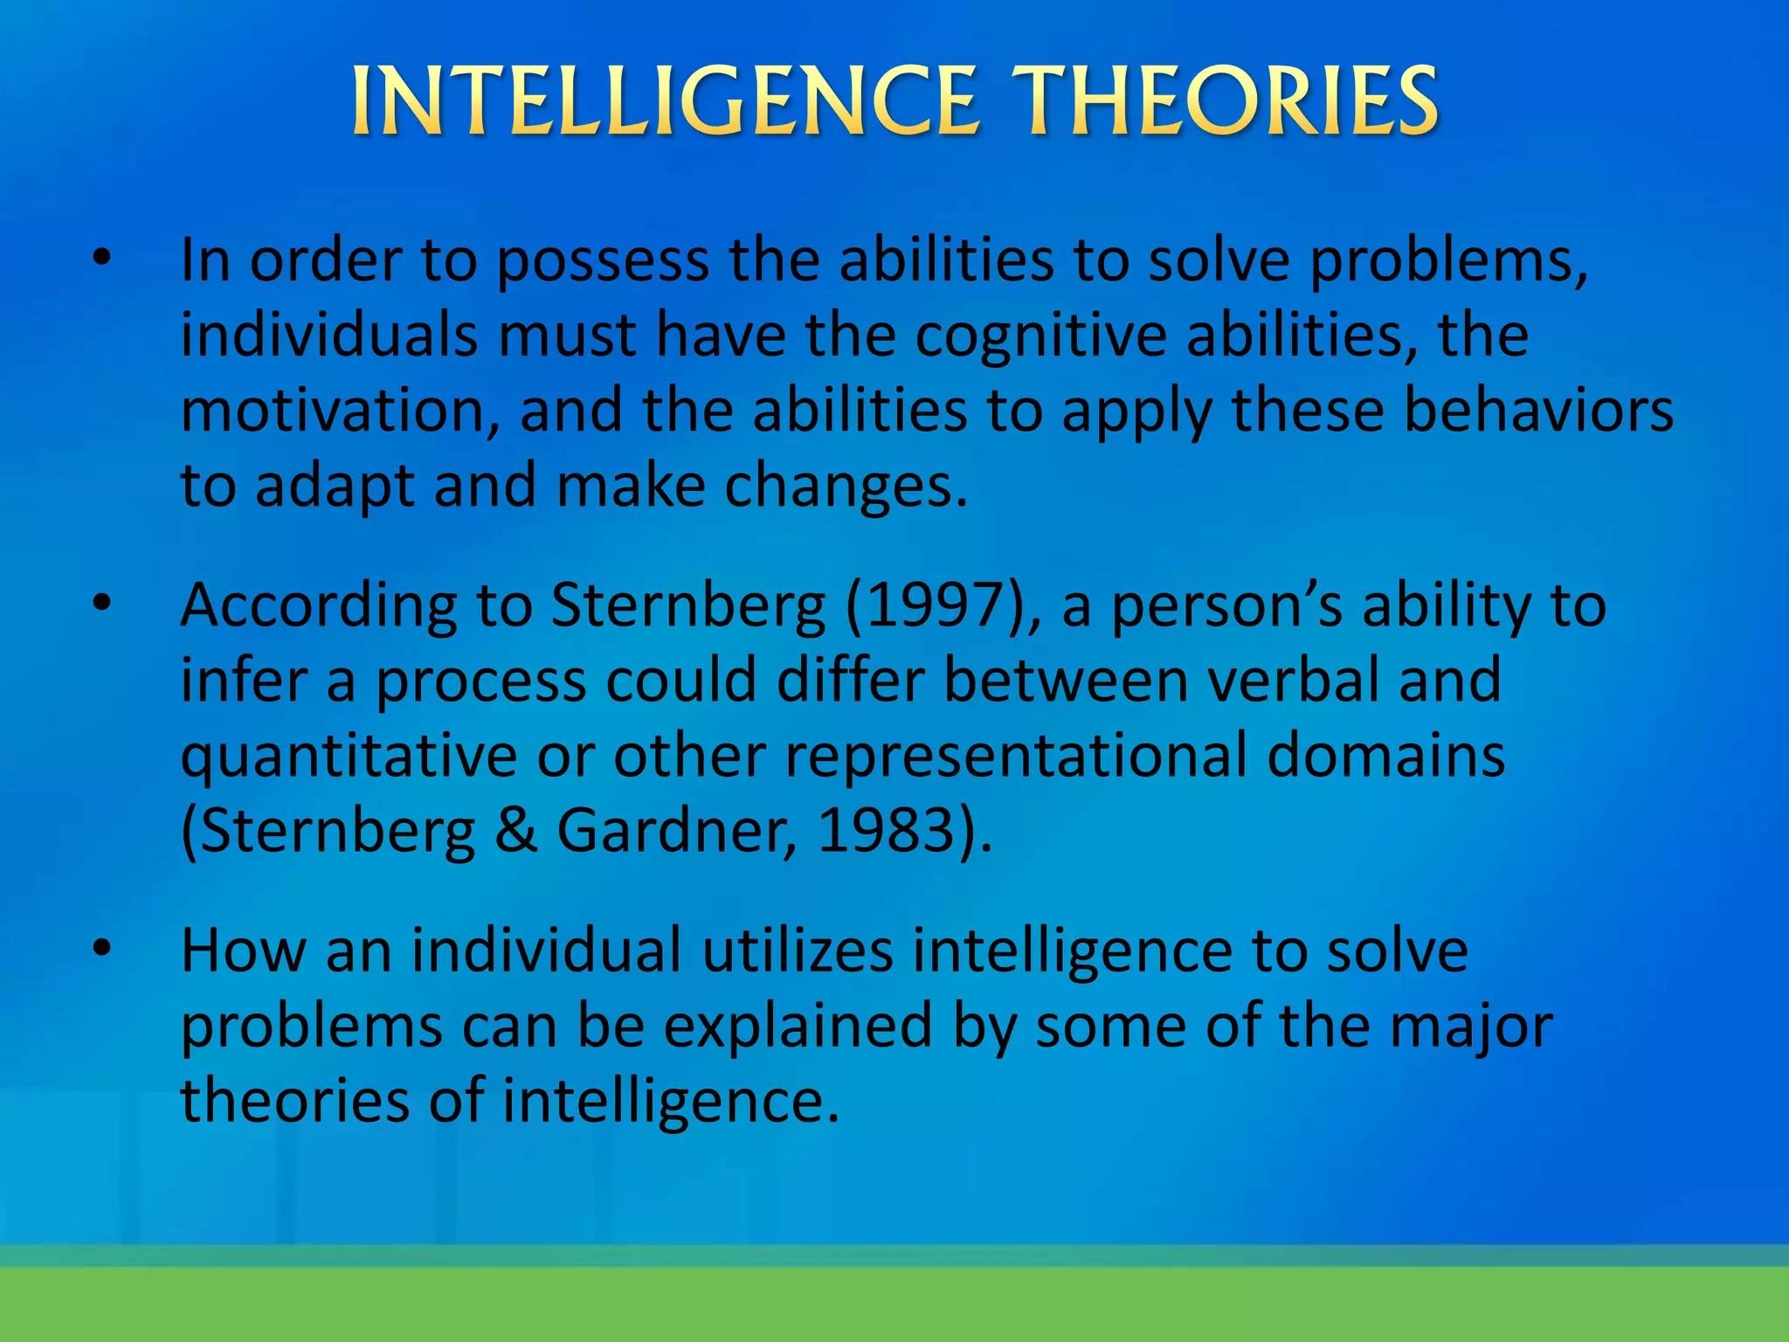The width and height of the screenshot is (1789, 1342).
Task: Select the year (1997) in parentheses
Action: [933, 605]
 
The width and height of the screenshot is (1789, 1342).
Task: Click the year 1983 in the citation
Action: [885, 830]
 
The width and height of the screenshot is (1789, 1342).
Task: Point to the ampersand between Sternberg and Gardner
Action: [516, 830]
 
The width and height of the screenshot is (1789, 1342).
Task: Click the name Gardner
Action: [673, 830]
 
